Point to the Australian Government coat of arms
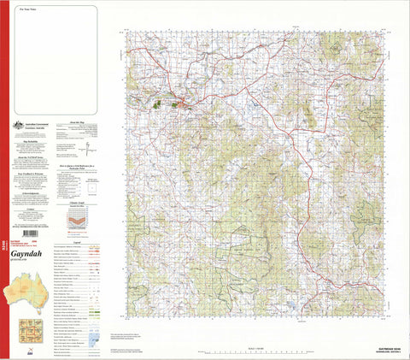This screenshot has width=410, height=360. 15,127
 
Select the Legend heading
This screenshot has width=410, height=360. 79,243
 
